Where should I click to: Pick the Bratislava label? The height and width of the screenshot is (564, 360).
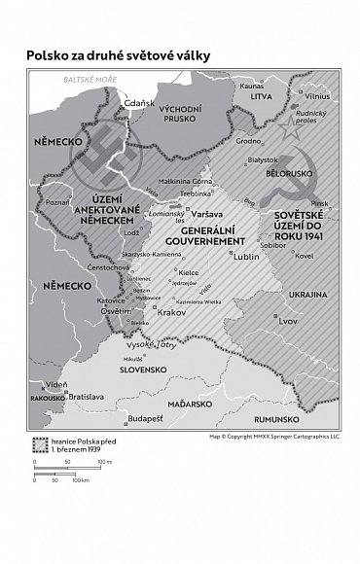coord(86,397)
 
